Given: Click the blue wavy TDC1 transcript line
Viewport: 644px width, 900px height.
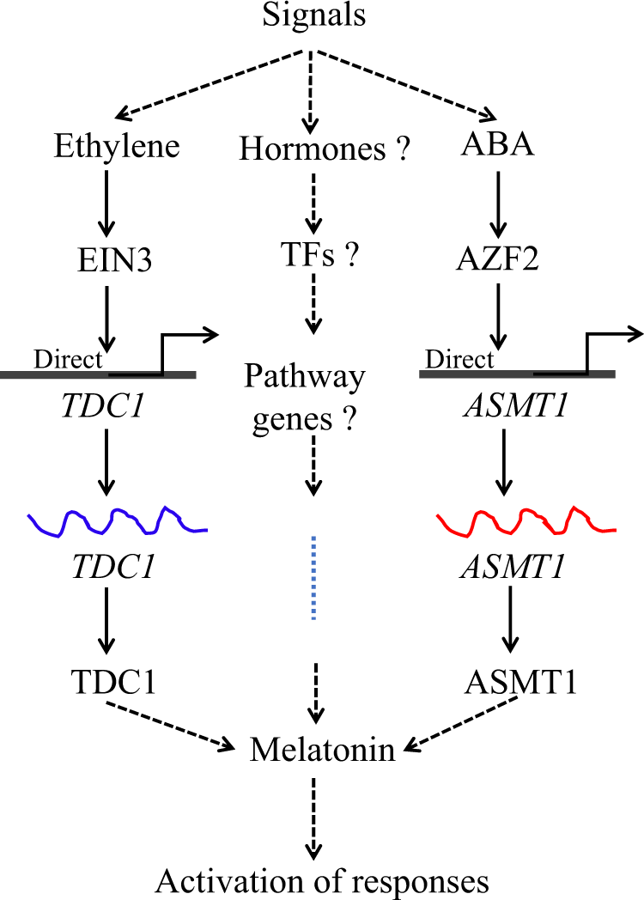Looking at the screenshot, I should click(x=117, y=521).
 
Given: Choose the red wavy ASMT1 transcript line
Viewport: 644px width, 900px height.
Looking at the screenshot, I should click(x=526, y=521).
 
